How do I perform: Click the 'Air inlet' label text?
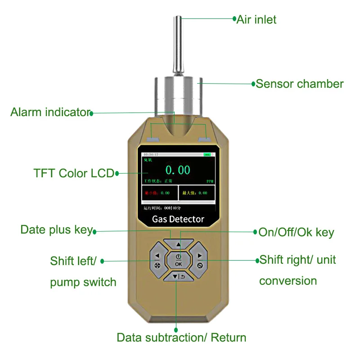coord(256,19)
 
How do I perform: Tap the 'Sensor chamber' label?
coord(300,84)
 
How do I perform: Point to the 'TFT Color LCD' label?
coord(74,173)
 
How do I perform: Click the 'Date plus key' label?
coord(56,230)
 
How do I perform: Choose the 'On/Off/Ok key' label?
coord(296,232)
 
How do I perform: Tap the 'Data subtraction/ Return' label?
coord(181,337)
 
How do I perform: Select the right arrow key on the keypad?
coord(200,261)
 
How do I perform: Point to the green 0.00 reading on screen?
coord(178,170)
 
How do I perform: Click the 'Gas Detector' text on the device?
coord(178,220)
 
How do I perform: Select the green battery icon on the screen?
coord(207,155)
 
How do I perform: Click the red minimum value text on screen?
coord(157,193)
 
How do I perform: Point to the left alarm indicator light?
coord(154,139)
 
